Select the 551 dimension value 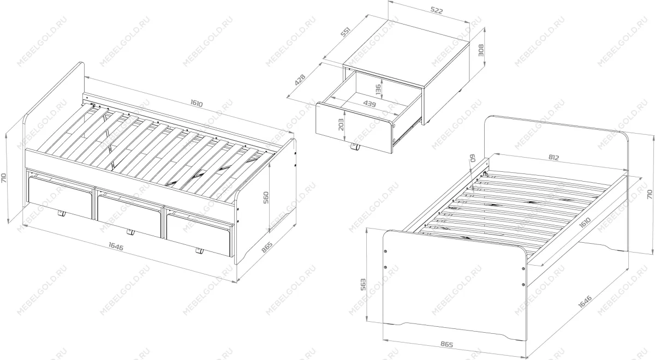point(346,33)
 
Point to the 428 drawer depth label point(300,80)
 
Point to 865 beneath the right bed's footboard point(445,345)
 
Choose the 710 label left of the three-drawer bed point(5,177)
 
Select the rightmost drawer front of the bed point(199,233)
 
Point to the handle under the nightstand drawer point(355,147)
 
